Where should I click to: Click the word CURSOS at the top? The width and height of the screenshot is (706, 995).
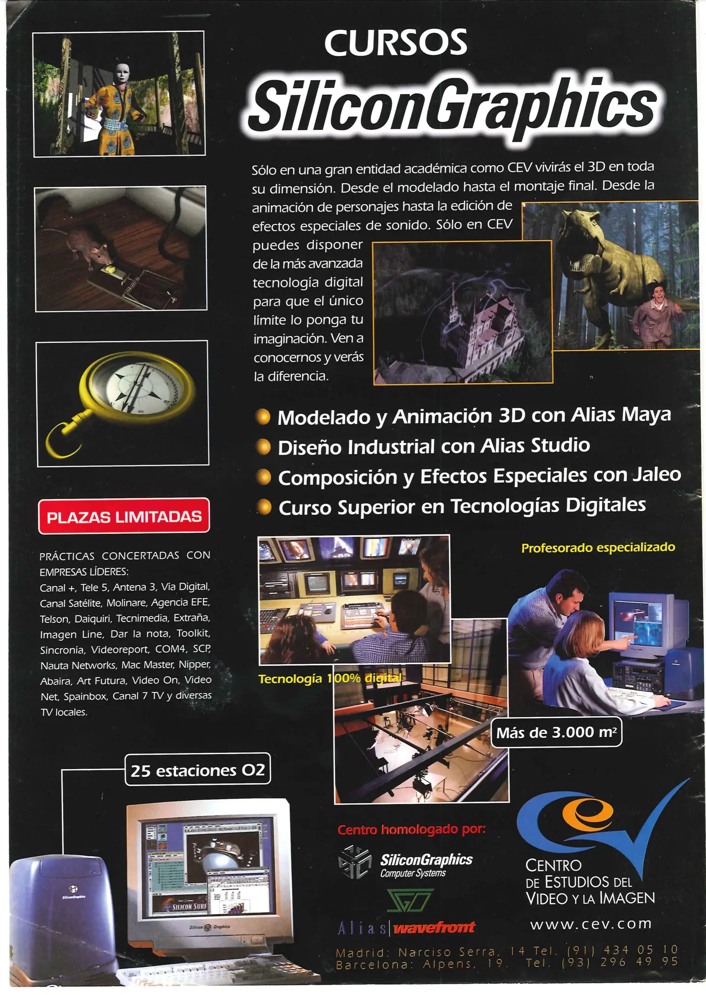point(396,42)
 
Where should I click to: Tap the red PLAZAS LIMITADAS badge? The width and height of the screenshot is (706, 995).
point(124,516)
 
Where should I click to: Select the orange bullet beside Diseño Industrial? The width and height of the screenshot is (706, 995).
point(263,447)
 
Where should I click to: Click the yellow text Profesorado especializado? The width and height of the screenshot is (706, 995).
point(598,548)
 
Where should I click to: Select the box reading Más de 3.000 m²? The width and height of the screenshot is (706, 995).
point(556,732)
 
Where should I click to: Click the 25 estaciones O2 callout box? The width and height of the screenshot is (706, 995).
point(198,771)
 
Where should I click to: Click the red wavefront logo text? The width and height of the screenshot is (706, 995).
point(434,927)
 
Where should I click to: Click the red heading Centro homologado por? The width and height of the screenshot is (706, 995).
point(411,830)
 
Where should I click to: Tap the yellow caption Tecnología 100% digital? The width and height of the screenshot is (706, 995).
point(330,679)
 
